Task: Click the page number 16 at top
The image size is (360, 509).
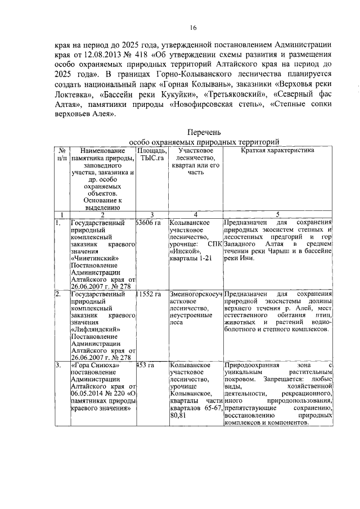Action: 192,28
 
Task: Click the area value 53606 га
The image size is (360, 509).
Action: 148,223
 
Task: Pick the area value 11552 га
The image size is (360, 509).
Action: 148,294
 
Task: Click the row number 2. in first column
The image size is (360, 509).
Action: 58,294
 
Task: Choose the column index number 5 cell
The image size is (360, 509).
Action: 278,214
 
